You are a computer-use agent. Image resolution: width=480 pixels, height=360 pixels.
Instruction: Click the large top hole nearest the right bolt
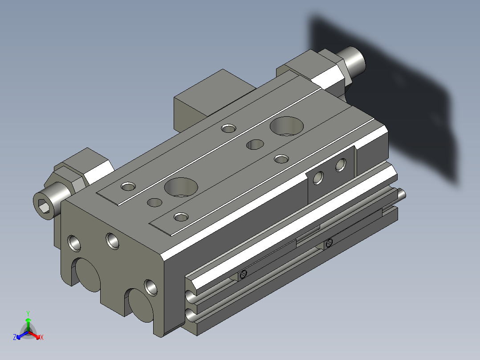tap(285, 126)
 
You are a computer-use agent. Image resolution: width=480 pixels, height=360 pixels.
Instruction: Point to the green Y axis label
tap(28, 313)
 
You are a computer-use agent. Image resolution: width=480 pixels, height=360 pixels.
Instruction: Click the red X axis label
tap(41, 338)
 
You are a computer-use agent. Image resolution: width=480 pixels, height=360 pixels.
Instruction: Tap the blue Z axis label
tap(15, 338)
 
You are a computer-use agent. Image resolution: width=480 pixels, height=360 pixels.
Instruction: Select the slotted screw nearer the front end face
tap(243, 275)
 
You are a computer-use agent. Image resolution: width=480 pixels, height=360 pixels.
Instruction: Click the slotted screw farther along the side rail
tap(329, 243)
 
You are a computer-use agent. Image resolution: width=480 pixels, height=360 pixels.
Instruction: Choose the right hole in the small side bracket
tap(341, 165)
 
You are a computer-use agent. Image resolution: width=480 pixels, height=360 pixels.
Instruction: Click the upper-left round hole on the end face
tap(74, 243)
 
